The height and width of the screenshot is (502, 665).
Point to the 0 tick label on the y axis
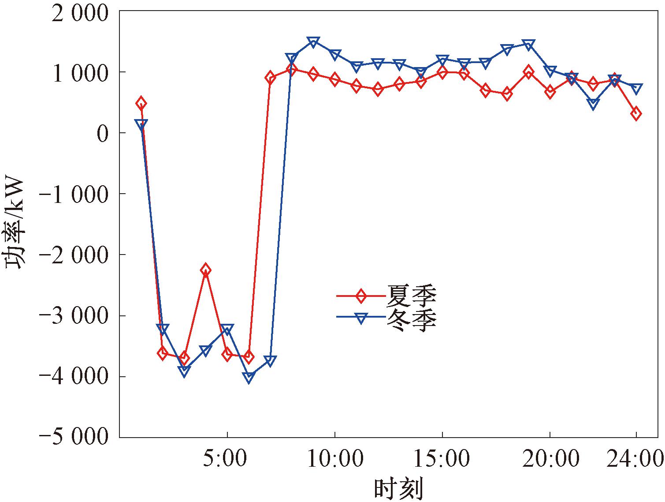click(102, 133)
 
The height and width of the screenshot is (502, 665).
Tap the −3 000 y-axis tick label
click(74, 316)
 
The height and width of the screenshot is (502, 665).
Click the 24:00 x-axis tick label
click(635, 459)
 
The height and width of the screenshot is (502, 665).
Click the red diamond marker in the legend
click(361, 296)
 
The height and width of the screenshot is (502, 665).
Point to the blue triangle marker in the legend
click(361, 318)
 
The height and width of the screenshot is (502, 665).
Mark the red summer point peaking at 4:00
click(205, 270)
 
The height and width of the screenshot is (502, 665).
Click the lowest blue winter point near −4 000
click(249, 378)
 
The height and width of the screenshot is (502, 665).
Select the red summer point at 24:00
click(636, 113)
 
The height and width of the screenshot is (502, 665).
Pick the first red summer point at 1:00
click(141, 103)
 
